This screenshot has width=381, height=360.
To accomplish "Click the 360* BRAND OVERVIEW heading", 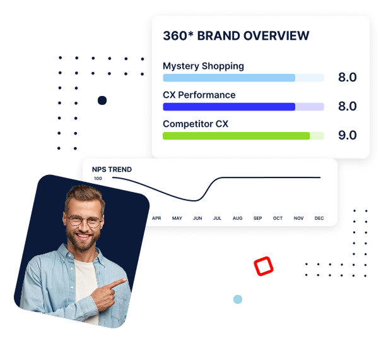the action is (x=236, y=36).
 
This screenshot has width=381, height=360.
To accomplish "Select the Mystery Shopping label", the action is (x=203, y=66).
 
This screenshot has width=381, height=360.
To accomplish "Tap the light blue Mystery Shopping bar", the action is (x=229, y=78).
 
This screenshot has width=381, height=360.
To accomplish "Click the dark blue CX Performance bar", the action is (x=229, y=107).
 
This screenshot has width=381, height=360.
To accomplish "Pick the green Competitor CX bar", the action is (x=236, y=136).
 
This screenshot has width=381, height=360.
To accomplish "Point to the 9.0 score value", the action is (x=348, y=135).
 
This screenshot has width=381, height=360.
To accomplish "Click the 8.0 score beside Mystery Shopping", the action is (x=348, y=77).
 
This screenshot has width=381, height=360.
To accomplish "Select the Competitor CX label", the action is (x=196, y=124).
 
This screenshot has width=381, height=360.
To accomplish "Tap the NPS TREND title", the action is (x=112, y=169).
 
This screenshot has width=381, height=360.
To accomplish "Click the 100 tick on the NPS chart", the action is (x=98, y=179).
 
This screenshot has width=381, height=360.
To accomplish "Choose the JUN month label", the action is (x=197, y=218).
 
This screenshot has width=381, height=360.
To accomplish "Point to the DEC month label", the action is (x=319, y=218).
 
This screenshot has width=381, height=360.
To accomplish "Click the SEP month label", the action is (x=257, y=218).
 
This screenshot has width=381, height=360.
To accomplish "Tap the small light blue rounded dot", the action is (x=238, y=299).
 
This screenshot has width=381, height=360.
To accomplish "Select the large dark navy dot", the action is (x=102, y=100).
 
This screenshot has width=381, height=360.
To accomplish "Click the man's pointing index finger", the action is (x=119, y=283).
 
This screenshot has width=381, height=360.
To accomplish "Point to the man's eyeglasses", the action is (x=85, y=221).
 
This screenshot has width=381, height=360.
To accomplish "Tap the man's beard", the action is (x=83, y=241).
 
